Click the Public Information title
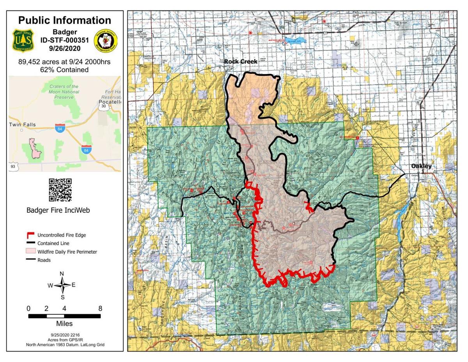pyautogui.click(x=65, y=20)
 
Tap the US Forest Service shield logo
pyautogui.click(x=23, y=40)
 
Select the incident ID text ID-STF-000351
pyautogui.click(x=65, y=40)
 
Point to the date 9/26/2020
pyautogui.click(x=65, y=48)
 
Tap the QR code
pyautogui.click(x=60, y=190)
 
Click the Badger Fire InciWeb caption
pyautogui.click(x=58, y=210)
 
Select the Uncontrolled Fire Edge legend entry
pyautogui.click(x=61, y=235)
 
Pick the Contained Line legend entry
pyautogui.click(x=53, y=243)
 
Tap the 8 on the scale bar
pyautogui.click(x=100, y=309)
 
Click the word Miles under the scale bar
pyautogui.click(x=64, y=324)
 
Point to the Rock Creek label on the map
pyautogui.click(x=240, y=62)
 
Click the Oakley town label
pyautogui.click(x=421, y=166)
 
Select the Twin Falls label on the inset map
pyautogui.click(x=23, y=125)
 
